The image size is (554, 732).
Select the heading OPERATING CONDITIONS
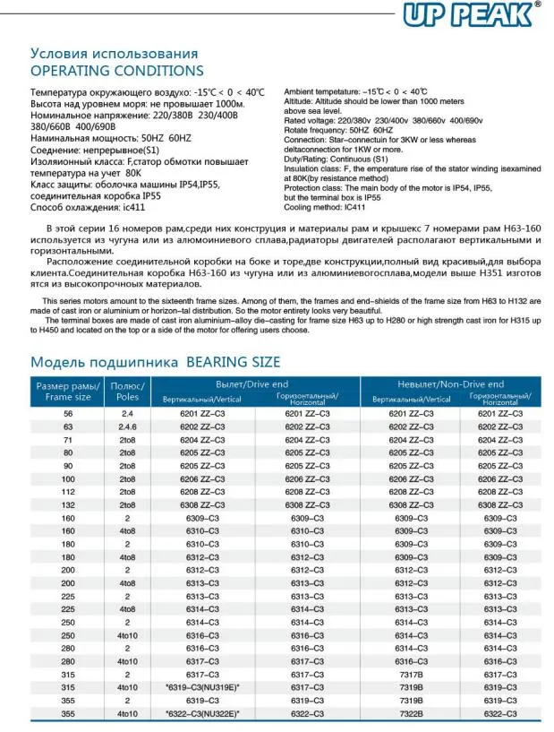(117, 71)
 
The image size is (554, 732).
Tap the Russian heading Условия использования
(115, 53)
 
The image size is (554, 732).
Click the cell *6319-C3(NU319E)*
(203, 687)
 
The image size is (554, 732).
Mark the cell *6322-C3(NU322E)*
(203, 713)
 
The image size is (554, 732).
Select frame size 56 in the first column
(68, 413)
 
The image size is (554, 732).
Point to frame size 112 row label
(68, 492)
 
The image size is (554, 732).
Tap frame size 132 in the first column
(68, 504)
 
